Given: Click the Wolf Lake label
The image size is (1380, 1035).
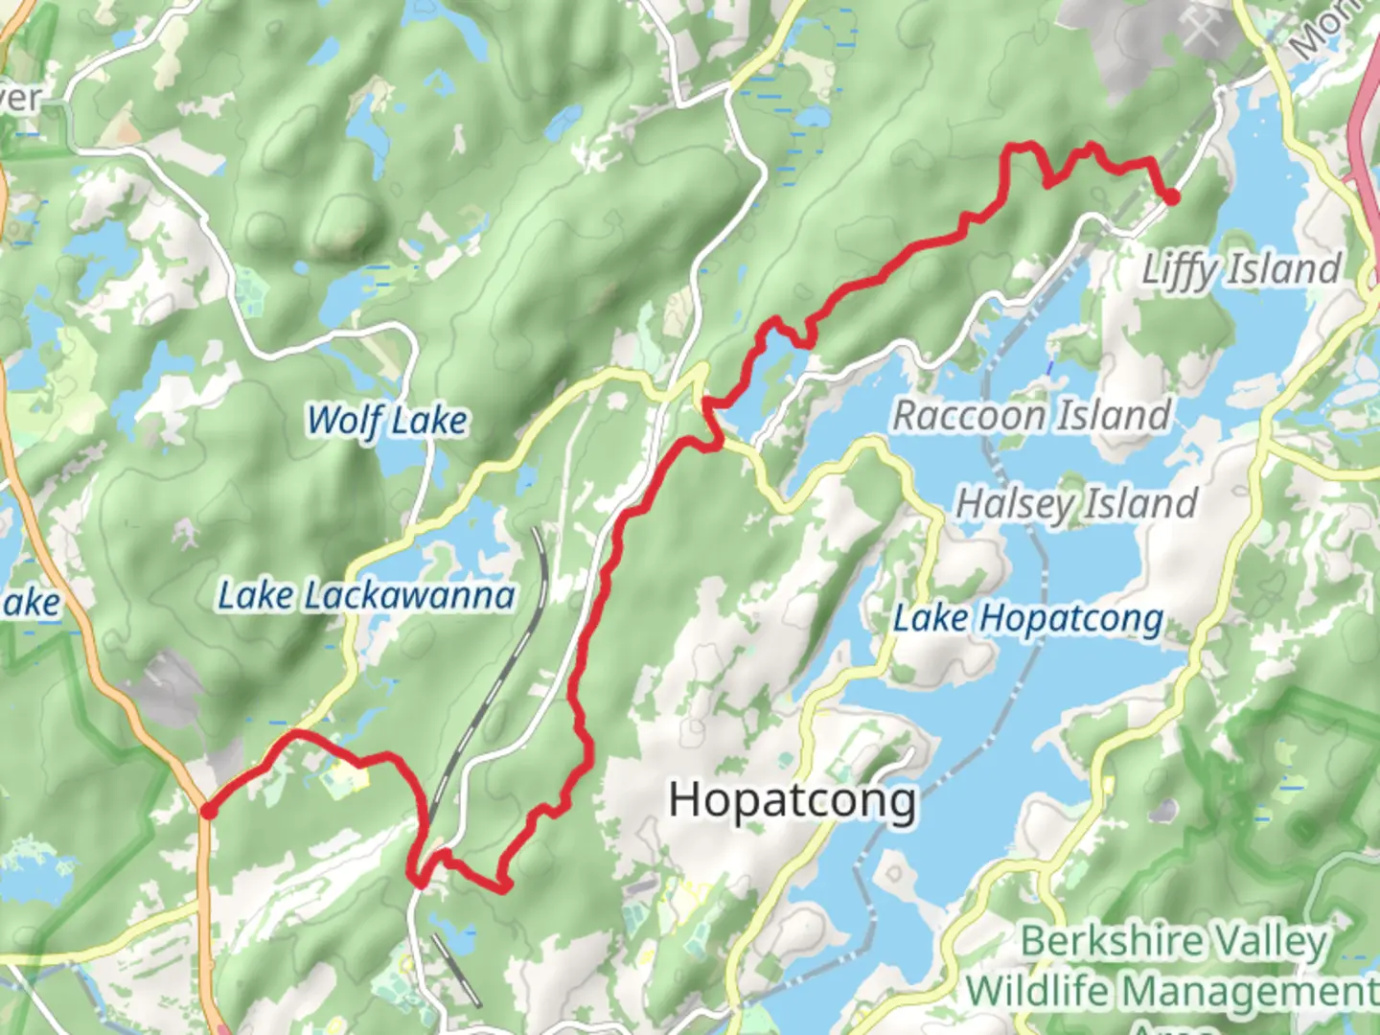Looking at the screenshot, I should point(386,420).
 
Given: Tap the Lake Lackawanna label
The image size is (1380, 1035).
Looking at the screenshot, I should point(366,596).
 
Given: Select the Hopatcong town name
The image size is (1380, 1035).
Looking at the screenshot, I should point(792,799).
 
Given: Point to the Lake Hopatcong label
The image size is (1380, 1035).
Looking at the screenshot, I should point(1027,619).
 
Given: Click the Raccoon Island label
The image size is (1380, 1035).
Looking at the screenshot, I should point(1031,416).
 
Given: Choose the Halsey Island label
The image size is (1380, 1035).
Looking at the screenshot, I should point(1076,503).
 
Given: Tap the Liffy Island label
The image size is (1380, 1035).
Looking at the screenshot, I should point(1240,269).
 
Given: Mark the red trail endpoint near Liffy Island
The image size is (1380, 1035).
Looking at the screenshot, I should point(1171,197).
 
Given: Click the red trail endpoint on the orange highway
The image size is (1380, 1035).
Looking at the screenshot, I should point(207,813).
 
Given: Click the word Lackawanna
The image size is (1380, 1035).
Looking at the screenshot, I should point(408,596).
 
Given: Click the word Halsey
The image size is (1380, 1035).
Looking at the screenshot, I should point(1018,503).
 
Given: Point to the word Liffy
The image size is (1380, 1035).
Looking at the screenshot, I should point(1181,270).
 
